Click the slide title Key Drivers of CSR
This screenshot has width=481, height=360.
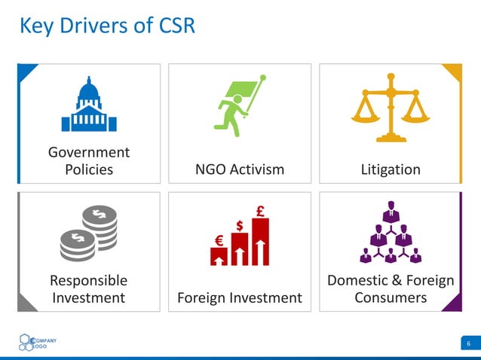click(x=107, y=26)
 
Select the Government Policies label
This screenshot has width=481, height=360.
click(x=89, y=160)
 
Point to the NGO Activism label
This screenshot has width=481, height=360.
click(x=240, y=169)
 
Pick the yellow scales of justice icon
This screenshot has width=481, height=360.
click(x=390, y=107)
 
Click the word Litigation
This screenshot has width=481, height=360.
click(x=391, y=169)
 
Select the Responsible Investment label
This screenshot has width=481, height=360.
click(x=89, y=289)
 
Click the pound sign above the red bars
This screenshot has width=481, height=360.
click(x=260, y=212)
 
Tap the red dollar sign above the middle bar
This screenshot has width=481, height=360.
click(x=239, y=225)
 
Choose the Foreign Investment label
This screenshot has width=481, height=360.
click(x=240, y=297)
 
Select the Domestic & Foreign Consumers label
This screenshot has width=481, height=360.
click(x=391, y=289)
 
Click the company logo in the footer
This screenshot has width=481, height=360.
click(x=37, y=343)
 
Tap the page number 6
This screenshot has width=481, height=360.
click(x=468, y=345)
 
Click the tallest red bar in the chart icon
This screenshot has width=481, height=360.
click(x=261, y=243)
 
